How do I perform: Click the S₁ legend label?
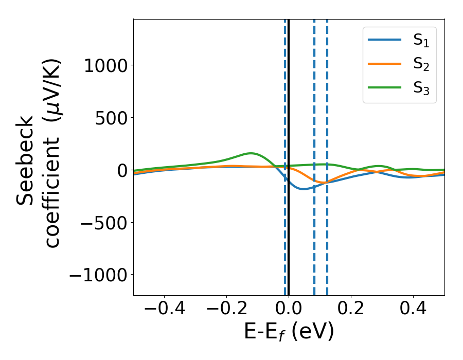coord(421,41)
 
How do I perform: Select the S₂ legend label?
coord(421,64)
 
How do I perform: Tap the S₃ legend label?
coord(421,88)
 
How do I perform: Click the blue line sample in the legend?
coord(384,40)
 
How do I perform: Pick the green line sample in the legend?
coord(384,87)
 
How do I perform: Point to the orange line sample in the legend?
coord(384,64)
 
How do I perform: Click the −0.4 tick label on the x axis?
coord(164,310)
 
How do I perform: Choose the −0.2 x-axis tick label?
coord(226,310)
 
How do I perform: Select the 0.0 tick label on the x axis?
coord(289,310)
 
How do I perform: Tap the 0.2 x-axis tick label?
coord(351,310)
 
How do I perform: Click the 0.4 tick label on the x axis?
coord(413,310)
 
